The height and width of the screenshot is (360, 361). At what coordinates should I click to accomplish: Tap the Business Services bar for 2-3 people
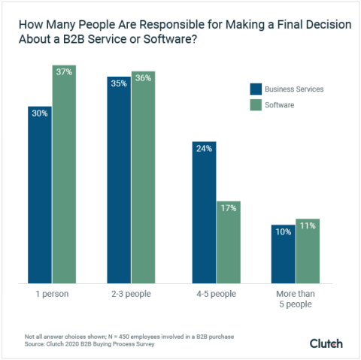click(x=119, y=180)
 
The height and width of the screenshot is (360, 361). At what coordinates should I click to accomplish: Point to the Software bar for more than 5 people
click(x=307, y=251)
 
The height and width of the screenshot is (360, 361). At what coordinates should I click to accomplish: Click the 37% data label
click(x=64, y=72)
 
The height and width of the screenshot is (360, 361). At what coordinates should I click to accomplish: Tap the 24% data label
click(x=204, y=149)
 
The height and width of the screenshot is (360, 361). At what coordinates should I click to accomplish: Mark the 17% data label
click(x=228, y=207)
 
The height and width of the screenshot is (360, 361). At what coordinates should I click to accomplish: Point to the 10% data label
click(x=283, y=231)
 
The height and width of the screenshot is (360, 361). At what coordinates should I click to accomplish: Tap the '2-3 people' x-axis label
click(x=131, y=294)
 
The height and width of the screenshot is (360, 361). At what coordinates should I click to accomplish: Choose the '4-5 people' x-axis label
click(x=216, y=294)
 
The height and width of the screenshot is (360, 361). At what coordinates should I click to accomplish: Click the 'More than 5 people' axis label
click(x=295, y=299)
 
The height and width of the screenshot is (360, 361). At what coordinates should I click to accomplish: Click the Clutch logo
click(x=326, y=343)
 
